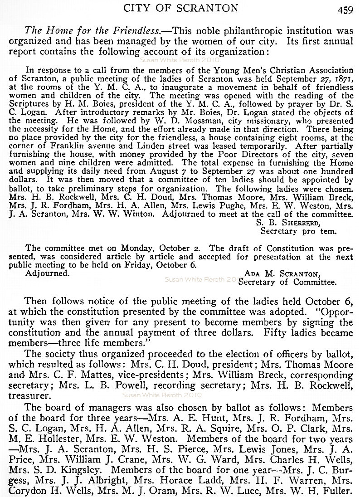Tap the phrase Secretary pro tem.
click(298, 231)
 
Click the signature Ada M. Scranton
click(282, 273)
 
